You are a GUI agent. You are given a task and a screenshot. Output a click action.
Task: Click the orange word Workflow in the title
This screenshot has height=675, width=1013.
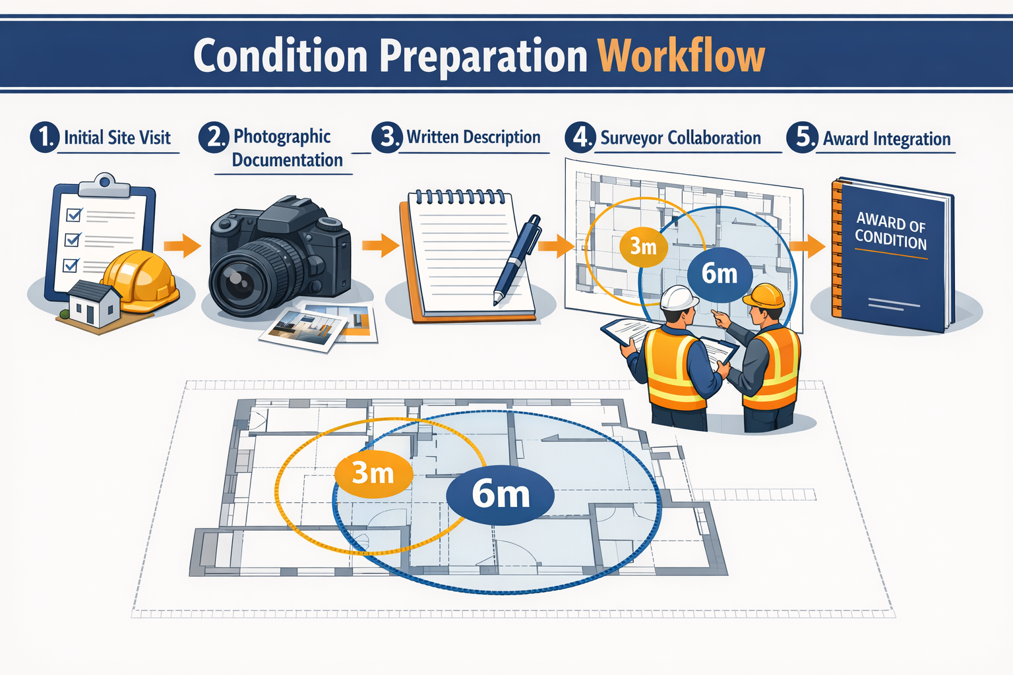(x=681, y=55)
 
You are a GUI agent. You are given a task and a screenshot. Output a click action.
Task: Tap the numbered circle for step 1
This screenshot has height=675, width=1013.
(x=44, y=137)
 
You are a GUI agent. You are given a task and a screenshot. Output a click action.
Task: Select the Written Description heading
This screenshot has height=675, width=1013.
(x=473, y=137)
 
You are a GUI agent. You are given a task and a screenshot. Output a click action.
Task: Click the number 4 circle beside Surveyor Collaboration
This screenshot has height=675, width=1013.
(x=580, y=137)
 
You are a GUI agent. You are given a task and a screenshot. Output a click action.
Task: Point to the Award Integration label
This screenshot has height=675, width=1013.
(x=886, y=139)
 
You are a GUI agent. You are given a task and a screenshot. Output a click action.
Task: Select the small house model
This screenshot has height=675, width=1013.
(x=94, y=304)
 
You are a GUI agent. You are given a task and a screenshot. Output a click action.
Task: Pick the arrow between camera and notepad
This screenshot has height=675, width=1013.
(x=381, y=246)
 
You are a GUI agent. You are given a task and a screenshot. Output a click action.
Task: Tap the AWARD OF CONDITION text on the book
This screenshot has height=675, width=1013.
(x=890, y=231)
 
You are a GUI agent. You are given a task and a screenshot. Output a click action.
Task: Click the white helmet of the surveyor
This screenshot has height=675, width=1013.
(x=679, y=298)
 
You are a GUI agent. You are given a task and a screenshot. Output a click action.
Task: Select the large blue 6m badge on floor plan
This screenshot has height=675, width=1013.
(x=500, y=494)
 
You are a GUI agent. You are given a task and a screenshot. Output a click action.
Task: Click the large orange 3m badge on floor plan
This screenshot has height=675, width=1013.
(x=373, y=473)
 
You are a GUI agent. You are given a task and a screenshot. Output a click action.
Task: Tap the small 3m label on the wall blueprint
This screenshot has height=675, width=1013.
(x=643, y=247)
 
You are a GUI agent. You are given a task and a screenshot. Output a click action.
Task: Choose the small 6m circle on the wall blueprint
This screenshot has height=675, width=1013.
(x=719, y=274)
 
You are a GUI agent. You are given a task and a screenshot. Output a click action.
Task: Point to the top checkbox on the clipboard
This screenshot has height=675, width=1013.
(x=75, y=215)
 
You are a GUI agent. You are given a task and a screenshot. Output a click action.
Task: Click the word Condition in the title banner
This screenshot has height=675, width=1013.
(x=280, y=55)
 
